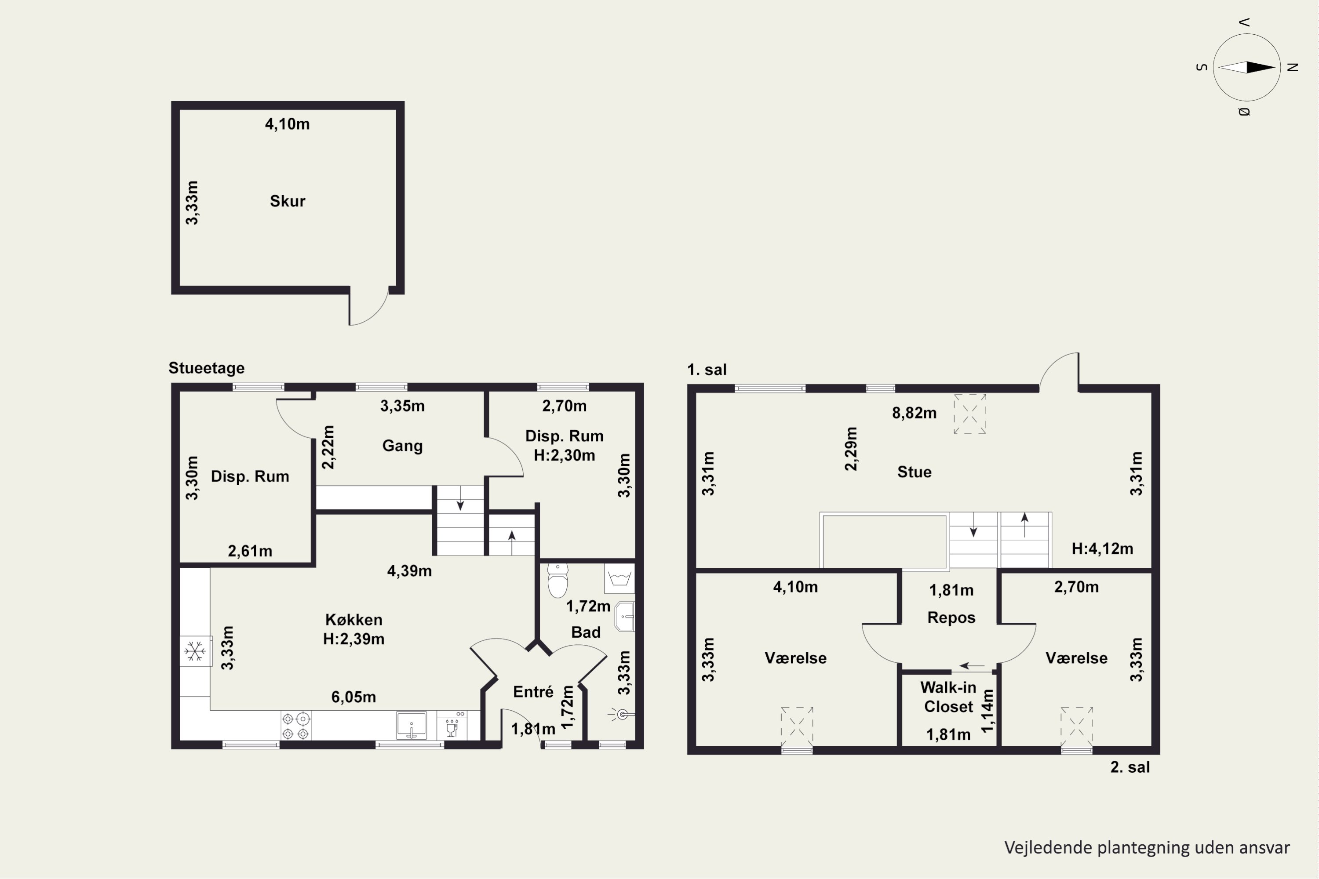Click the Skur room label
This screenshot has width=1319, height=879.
point(288,201)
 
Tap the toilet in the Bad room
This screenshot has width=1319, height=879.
point(557,580)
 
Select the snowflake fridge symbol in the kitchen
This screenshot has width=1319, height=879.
point(195,651)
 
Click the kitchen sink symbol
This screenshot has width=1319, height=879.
point(411,725)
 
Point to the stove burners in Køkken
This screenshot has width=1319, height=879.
point(295,726)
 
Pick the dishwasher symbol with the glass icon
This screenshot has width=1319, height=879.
point(452,726)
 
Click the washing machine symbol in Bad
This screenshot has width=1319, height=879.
point(619,578)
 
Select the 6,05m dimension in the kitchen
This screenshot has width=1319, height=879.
point(353,697)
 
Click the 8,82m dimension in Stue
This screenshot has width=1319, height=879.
point(914,413)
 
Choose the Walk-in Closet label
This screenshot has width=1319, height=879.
point(948,697)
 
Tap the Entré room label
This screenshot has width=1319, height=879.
point(533,692)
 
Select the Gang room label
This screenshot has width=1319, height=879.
point(402,446)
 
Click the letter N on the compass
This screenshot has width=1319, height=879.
point(1293,67)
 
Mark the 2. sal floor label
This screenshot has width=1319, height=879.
point(1130,767)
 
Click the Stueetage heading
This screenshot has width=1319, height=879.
point(206,368)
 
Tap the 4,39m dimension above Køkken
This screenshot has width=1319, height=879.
point(409,571)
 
